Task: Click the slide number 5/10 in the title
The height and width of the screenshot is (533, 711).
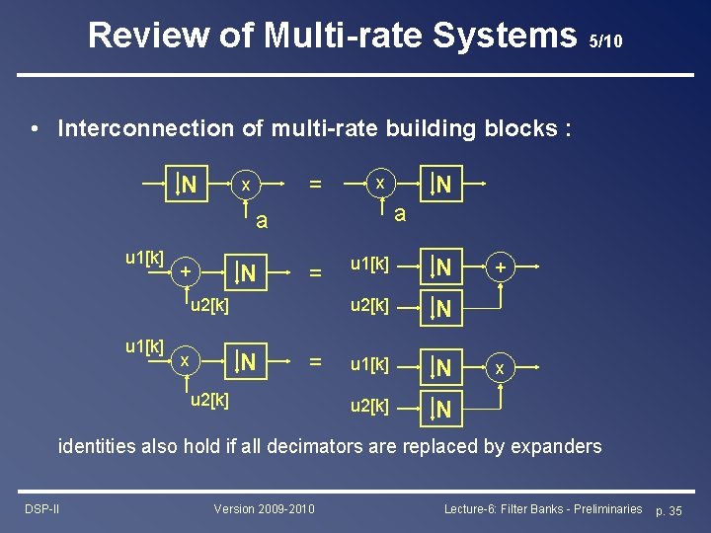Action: click(604, 41)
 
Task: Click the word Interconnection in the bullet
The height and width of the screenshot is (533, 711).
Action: click(134, 128)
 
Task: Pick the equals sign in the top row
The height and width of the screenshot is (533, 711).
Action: click(315, 185)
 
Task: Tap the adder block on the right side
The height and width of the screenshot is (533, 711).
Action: click(501, 267)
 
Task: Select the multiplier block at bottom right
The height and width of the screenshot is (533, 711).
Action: click(501, 368)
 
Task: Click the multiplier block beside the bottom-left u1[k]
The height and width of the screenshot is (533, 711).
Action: click(186, 362)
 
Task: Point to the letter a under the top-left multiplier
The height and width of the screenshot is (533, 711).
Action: click(261, 221)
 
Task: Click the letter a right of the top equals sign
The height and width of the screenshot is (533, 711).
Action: click(399, 214)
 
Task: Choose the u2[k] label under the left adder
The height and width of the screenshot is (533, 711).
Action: click(208, 306)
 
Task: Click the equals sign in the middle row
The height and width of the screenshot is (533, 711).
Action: click(315, 270)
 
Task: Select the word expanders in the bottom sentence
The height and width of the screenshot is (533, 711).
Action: click(549, 446)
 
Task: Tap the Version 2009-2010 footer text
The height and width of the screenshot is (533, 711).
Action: click(265, 508)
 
